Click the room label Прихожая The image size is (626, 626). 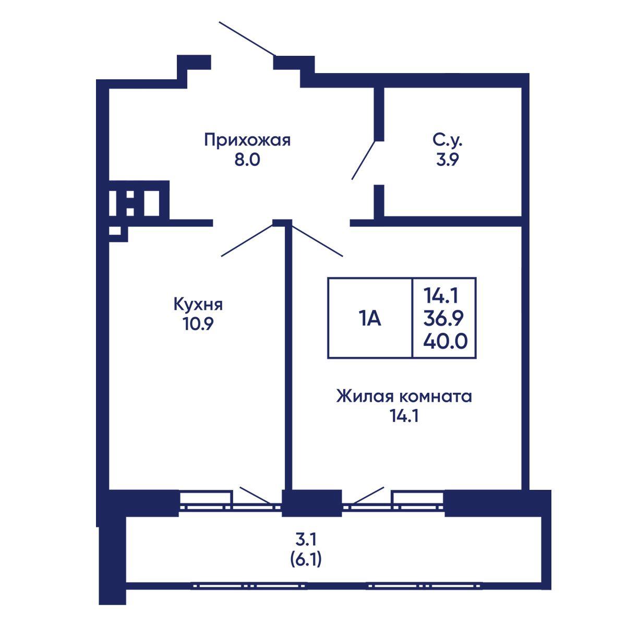point(248,141)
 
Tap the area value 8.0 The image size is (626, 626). point(248,160)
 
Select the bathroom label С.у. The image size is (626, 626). point(447,141)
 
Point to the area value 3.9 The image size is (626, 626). point(447,160)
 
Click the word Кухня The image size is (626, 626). point(198,304)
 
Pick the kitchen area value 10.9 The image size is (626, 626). point(198,323)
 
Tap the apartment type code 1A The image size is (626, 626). point(370,318)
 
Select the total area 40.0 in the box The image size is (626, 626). point(445,341)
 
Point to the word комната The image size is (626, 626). point(435,397)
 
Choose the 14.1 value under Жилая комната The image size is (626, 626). point(404,416)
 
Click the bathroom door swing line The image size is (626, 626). point(364,160)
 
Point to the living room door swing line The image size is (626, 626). point(317,242)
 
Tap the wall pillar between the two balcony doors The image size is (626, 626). point(311,503)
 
